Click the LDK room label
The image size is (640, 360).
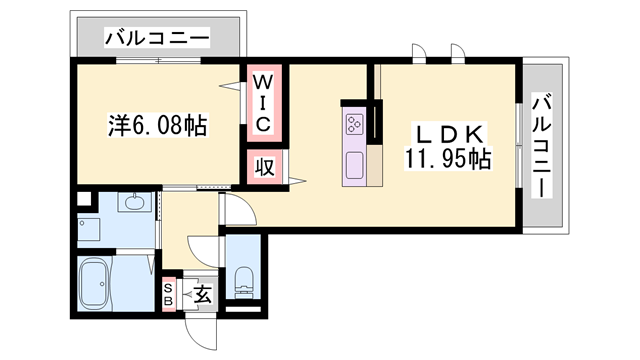click(x=449, y=134)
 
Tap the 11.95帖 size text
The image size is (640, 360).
click(x=447, y=157)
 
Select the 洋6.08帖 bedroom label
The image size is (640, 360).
click(x=157, y=126)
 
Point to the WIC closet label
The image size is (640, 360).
click(x=263, y=101)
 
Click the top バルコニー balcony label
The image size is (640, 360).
click(x=157, y=38)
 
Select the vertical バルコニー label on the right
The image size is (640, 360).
click(x=543, y=144)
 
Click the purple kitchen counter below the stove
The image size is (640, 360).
click(x=356, y=164)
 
